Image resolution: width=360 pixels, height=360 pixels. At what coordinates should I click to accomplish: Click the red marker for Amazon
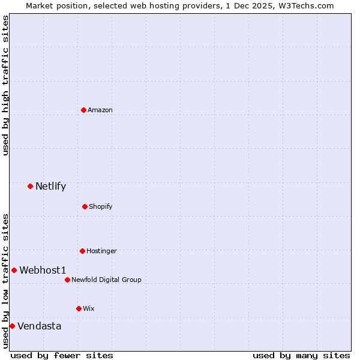pos(83,110)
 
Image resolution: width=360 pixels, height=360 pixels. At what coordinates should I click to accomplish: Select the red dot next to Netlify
pos(30,186)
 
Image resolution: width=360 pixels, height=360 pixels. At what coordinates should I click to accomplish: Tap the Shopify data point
pos(85,206)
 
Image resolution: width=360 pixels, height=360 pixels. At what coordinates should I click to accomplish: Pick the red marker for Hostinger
pos(82,251)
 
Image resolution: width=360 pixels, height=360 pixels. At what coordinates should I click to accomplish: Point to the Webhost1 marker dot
pos(14,270)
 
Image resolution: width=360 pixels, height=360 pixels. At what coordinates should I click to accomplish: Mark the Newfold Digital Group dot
pos(67,280)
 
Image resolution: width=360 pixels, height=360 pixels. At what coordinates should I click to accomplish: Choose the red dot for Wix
pos(79,308)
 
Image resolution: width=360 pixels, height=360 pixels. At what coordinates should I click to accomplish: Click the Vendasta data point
pos(12,326)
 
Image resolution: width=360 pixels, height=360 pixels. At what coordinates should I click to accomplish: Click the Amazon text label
pos(100,110)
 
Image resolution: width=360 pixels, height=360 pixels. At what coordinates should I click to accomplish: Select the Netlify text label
pos(50,186)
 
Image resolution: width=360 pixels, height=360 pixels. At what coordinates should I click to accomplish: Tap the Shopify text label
pos(101,206)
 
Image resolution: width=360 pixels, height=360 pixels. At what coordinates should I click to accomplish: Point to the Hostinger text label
pos(101,251)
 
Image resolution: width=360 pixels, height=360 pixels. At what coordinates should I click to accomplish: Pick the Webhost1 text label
pos(43,270)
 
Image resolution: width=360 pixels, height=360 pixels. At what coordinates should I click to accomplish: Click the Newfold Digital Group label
pos(107,280)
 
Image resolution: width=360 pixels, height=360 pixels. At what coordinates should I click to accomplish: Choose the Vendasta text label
pos(40,326)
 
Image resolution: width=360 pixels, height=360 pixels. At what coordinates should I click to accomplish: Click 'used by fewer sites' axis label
pos(62,355)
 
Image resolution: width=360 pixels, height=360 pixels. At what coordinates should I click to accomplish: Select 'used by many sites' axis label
pos(301,355)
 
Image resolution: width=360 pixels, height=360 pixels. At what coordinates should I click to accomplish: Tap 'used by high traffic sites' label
pos(6,85)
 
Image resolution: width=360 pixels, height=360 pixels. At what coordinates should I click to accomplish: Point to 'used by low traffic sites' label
pos(6,280)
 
